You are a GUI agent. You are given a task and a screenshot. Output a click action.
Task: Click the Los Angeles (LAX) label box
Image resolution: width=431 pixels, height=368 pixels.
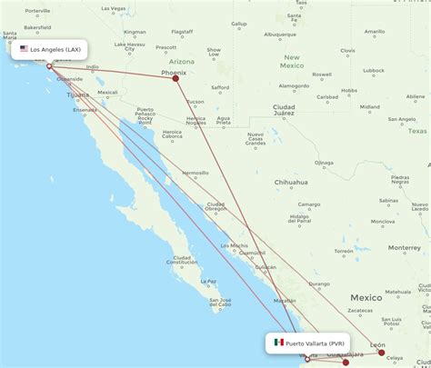pos(52,48)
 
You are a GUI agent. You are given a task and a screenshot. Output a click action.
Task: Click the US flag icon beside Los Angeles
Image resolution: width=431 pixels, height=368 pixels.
pos(24,48)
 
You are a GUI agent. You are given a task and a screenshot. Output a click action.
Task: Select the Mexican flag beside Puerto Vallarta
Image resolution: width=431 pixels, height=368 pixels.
pos(278,343)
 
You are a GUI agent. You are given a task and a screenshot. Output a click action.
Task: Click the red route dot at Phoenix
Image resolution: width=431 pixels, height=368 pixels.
pos(175,78)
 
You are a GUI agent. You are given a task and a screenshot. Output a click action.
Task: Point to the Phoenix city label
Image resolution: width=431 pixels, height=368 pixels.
pos(173,72)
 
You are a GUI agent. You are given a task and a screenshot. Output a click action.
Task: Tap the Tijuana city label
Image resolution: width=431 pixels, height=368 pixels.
pos(78,94)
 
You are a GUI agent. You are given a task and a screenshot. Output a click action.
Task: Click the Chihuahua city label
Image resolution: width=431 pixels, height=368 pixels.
pos(291,182)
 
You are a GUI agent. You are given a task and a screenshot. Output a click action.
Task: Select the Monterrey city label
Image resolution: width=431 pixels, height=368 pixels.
pos(404,247)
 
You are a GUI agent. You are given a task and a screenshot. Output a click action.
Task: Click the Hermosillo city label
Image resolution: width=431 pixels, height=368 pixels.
pos(195,173)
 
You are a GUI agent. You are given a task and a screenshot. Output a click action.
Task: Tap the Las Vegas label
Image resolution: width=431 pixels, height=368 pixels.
pos(113,8)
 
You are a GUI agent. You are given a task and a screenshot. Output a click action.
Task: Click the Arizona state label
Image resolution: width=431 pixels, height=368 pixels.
pos(181,62)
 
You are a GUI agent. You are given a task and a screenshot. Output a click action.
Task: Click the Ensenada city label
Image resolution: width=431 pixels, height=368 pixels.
pos(85,110)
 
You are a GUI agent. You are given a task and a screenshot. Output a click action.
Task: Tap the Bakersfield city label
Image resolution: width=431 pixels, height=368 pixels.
pos(37,27)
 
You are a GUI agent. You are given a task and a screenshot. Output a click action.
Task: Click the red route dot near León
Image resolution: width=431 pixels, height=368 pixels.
pos(382,352)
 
